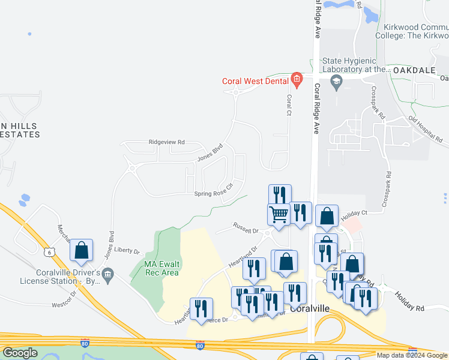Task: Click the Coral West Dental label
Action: click(x=255, y=81)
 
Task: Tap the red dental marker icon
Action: click(x=296, y=79)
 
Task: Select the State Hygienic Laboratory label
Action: click(x=357, y=65)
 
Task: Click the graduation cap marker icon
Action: click(x=337, y=81)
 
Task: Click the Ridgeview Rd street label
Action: click(x=167, y=142)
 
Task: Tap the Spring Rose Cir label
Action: click(x=212, y=193)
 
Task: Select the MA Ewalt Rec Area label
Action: click(x=161, y=268)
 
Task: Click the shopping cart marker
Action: click(x=279, y=214)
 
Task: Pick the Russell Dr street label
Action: click(x=246, y=229)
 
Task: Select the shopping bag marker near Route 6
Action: click(x=82, y=250)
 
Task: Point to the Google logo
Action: click(x=20, y=353)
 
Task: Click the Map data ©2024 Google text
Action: click(x=412, y=355)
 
